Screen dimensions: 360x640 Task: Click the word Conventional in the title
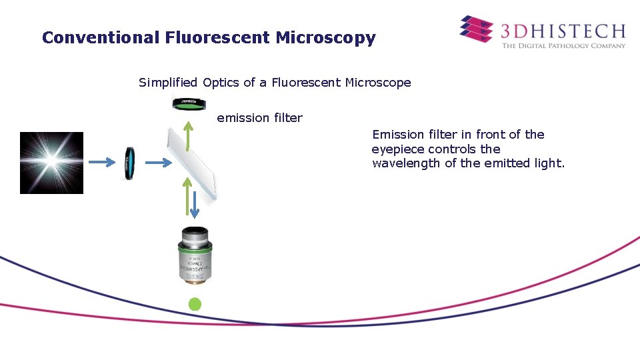tap(99, 38)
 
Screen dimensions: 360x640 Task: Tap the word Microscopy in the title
tap(325, 38)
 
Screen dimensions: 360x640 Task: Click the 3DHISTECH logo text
tap(563, 31)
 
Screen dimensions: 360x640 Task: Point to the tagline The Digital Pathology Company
tap(563, 46)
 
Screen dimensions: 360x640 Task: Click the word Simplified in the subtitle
tap(168, 83)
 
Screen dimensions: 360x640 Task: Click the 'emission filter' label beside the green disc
tap(259, 118)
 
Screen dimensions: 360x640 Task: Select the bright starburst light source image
tap(51, 163)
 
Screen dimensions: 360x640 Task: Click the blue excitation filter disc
tap(129, 163)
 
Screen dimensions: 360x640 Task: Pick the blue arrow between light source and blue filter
tap(102, 162)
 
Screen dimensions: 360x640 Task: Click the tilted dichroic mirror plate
tap(193, 163)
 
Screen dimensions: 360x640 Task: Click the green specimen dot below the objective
tap(194, 305)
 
